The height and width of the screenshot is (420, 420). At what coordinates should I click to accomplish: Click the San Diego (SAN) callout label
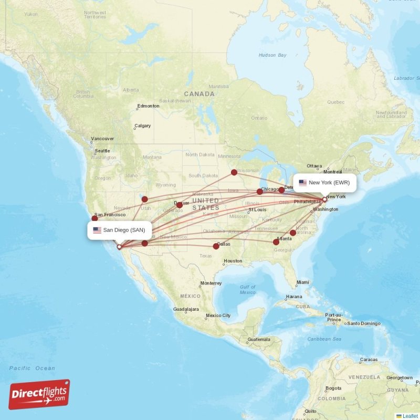click(x=120, y=230)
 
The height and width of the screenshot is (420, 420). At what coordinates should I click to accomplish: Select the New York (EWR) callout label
click(x=324, y=183)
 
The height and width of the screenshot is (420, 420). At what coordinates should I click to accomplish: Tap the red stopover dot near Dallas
click(x=216, y=246)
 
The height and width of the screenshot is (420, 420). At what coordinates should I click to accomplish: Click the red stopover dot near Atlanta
click(x=276, y=242)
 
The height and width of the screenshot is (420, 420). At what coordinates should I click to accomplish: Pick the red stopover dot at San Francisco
click(x=95, y=218)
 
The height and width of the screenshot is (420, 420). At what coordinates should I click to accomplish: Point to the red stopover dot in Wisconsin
click(x=234, y=172)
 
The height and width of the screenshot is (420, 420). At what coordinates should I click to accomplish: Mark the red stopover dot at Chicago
click(x=259, y=192)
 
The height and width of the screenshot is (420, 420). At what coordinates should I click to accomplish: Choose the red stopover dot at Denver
click(x=180, y=205)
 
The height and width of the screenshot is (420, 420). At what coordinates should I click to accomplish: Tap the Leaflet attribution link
click(x=409, y=416)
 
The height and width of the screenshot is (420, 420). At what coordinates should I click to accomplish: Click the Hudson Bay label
click(x=272, y=55)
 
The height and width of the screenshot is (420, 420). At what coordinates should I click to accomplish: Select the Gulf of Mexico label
click(x=247, y=289)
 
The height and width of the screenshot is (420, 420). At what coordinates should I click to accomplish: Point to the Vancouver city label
click(x=102, y=139)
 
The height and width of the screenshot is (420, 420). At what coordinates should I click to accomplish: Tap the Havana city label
click(x=295, y=297)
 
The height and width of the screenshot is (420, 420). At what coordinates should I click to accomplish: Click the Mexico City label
click(x=218, y=316)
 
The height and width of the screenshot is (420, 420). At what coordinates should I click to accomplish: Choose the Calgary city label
click(x=142, y=126)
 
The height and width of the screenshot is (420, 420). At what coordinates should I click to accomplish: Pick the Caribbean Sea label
click(x=324, y=339)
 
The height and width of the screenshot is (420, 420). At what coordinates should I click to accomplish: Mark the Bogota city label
click(x=333, y=388)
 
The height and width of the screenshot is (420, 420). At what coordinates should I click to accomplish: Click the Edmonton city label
click(x=148, y=106)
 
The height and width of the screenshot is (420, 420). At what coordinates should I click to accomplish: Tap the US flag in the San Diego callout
click(x=97, y=230)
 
